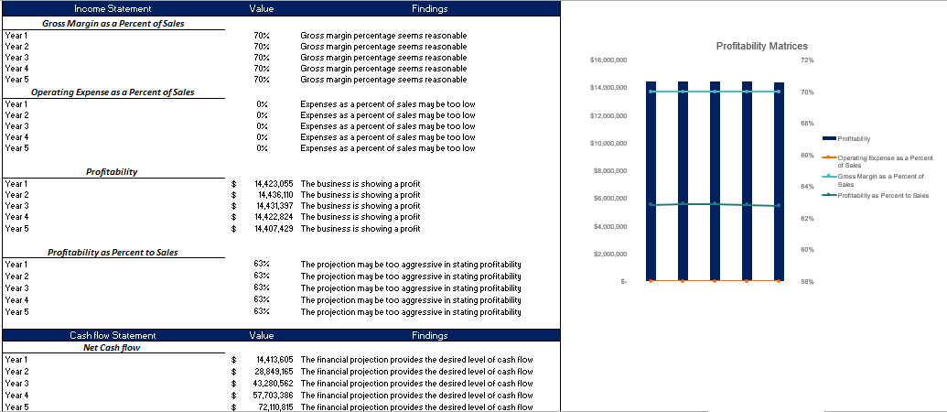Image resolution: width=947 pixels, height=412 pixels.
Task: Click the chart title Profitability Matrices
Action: point(761,46)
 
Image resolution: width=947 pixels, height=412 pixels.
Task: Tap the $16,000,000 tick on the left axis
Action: point(608,60)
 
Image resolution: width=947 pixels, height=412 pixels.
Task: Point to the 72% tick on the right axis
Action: point(807,60)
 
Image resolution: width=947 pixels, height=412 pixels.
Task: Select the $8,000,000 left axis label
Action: point(610,170)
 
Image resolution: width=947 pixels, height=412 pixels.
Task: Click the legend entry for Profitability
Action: point(853,138)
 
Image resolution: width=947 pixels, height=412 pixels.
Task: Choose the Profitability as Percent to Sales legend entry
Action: point(882,195)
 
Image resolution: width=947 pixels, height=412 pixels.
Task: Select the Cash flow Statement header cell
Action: point(113,336)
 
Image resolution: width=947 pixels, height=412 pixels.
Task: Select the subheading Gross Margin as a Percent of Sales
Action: point(113,23)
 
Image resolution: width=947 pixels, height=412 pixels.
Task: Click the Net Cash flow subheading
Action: point(113,348)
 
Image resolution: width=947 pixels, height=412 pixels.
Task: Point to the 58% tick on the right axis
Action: point(807,282)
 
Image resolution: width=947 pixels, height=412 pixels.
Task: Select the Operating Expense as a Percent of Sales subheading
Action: point(113,92)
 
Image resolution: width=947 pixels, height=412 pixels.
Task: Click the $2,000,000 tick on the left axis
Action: point(610,254)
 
